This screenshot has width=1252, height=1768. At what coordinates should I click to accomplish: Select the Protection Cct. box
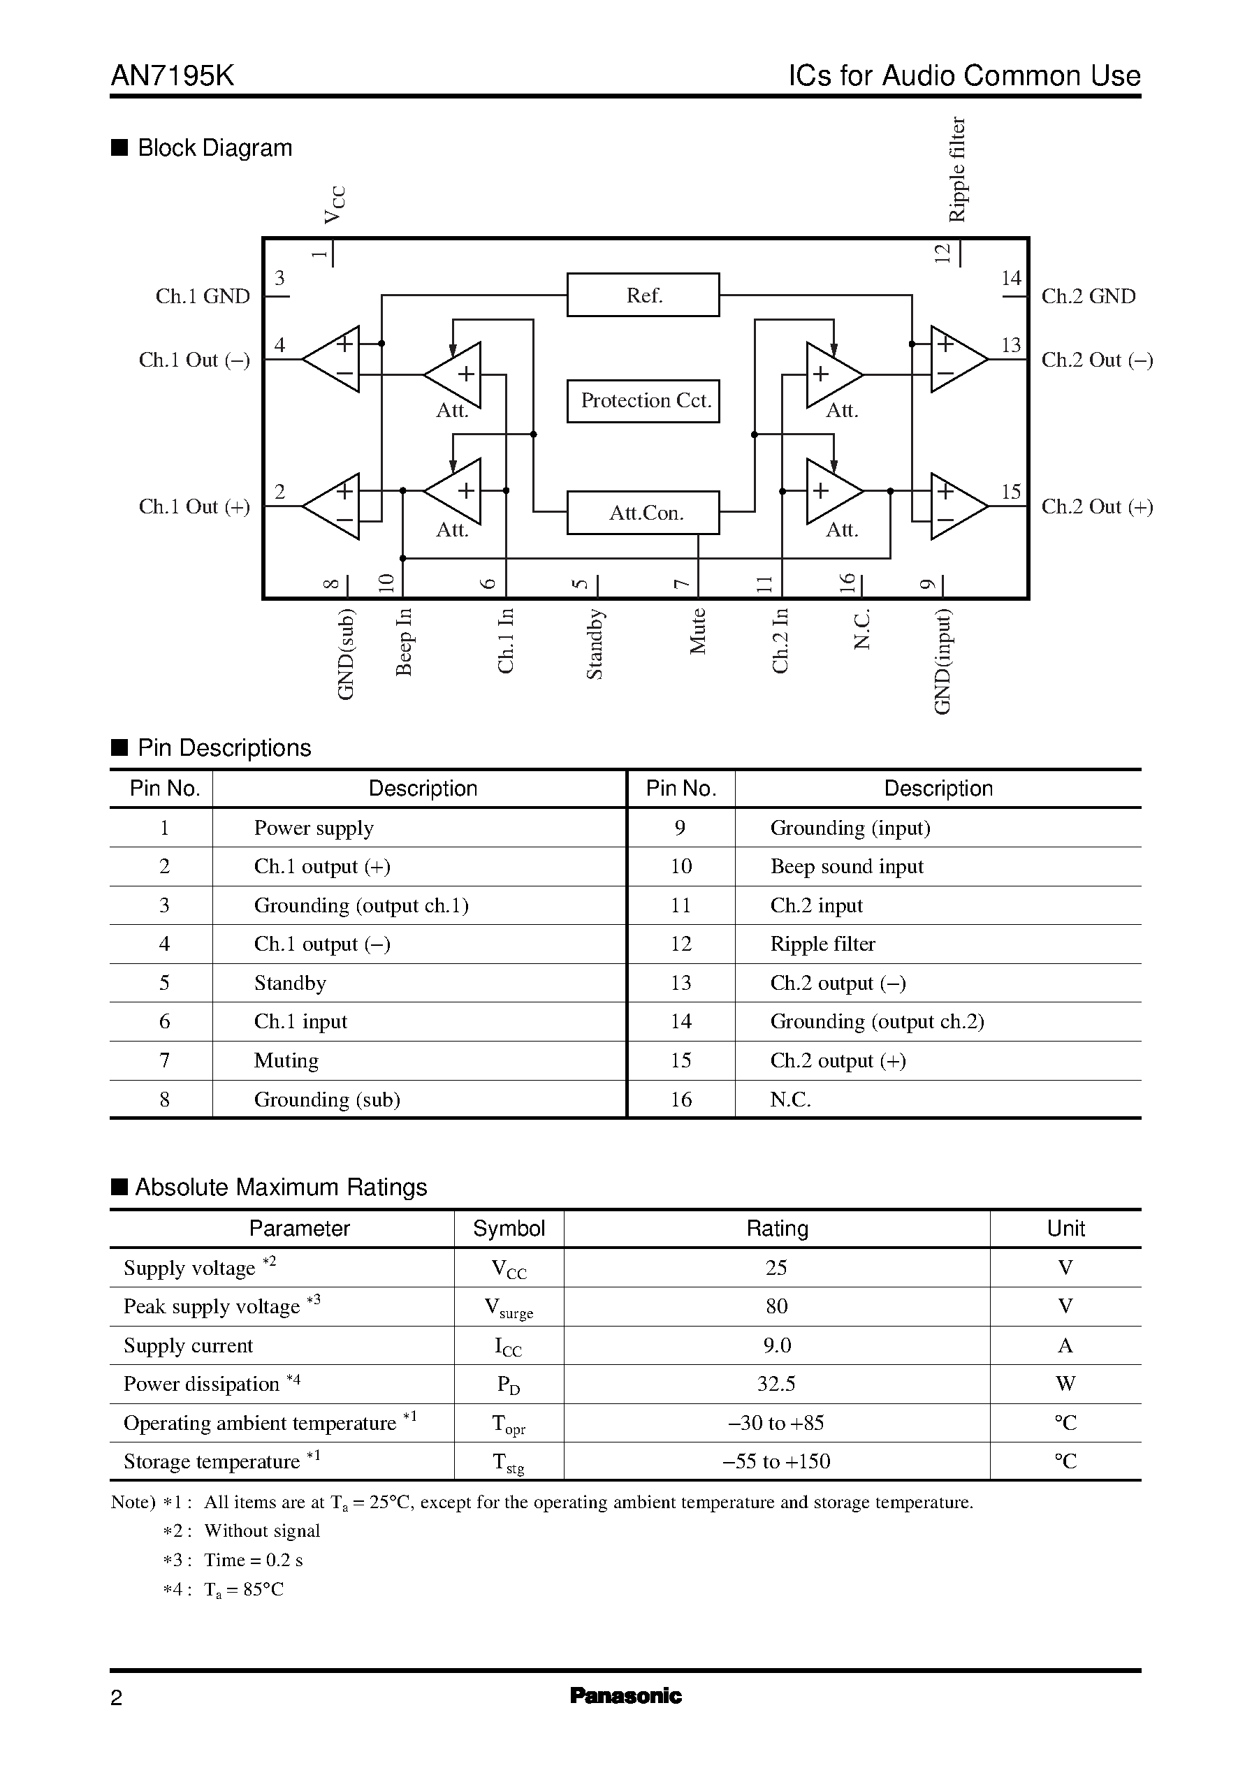[643, 401]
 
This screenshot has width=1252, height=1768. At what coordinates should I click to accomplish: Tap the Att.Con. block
[643, 513]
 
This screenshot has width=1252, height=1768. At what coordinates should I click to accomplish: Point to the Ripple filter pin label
[956, 170]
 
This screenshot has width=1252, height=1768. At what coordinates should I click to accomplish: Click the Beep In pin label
[404, 641]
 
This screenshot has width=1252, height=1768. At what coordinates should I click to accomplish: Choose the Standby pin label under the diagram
[595, 644]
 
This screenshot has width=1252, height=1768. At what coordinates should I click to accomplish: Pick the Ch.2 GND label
[1088, 297]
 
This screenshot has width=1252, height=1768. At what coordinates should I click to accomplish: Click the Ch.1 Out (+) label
[194, 506]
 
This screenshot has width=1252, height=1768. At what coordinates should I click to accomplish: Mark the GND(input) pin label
[942, 662]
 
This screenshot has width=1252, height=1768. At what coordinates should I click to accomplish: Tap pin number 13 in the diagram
[1011, 345]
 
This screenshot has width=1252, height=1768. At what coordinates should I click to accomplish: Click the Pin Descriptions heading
[224, 747]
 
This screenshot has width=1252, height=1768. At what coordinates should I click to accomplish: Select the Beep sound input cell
[847, 866]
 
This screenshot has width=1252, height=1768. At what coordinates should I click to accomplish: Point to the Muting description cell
[286, 1060]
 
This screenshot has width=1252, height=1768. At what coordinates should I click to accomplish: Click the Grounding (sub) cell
[327, 1099]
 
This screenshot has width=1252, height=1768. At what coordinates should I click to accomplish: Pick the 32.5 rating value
[776, 1383]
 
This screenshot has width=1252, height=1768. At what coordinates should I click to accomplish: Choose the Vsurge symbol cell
[509, 1307]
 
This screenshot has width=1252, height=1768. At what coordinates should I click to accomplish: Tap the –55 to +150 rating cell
[776, 1461]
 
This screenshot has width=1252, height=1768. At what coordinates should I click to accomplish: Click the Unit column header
[1065, 1229]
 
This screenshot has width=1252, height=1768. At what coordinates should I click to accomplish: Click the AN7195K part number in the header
[173, 75]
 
